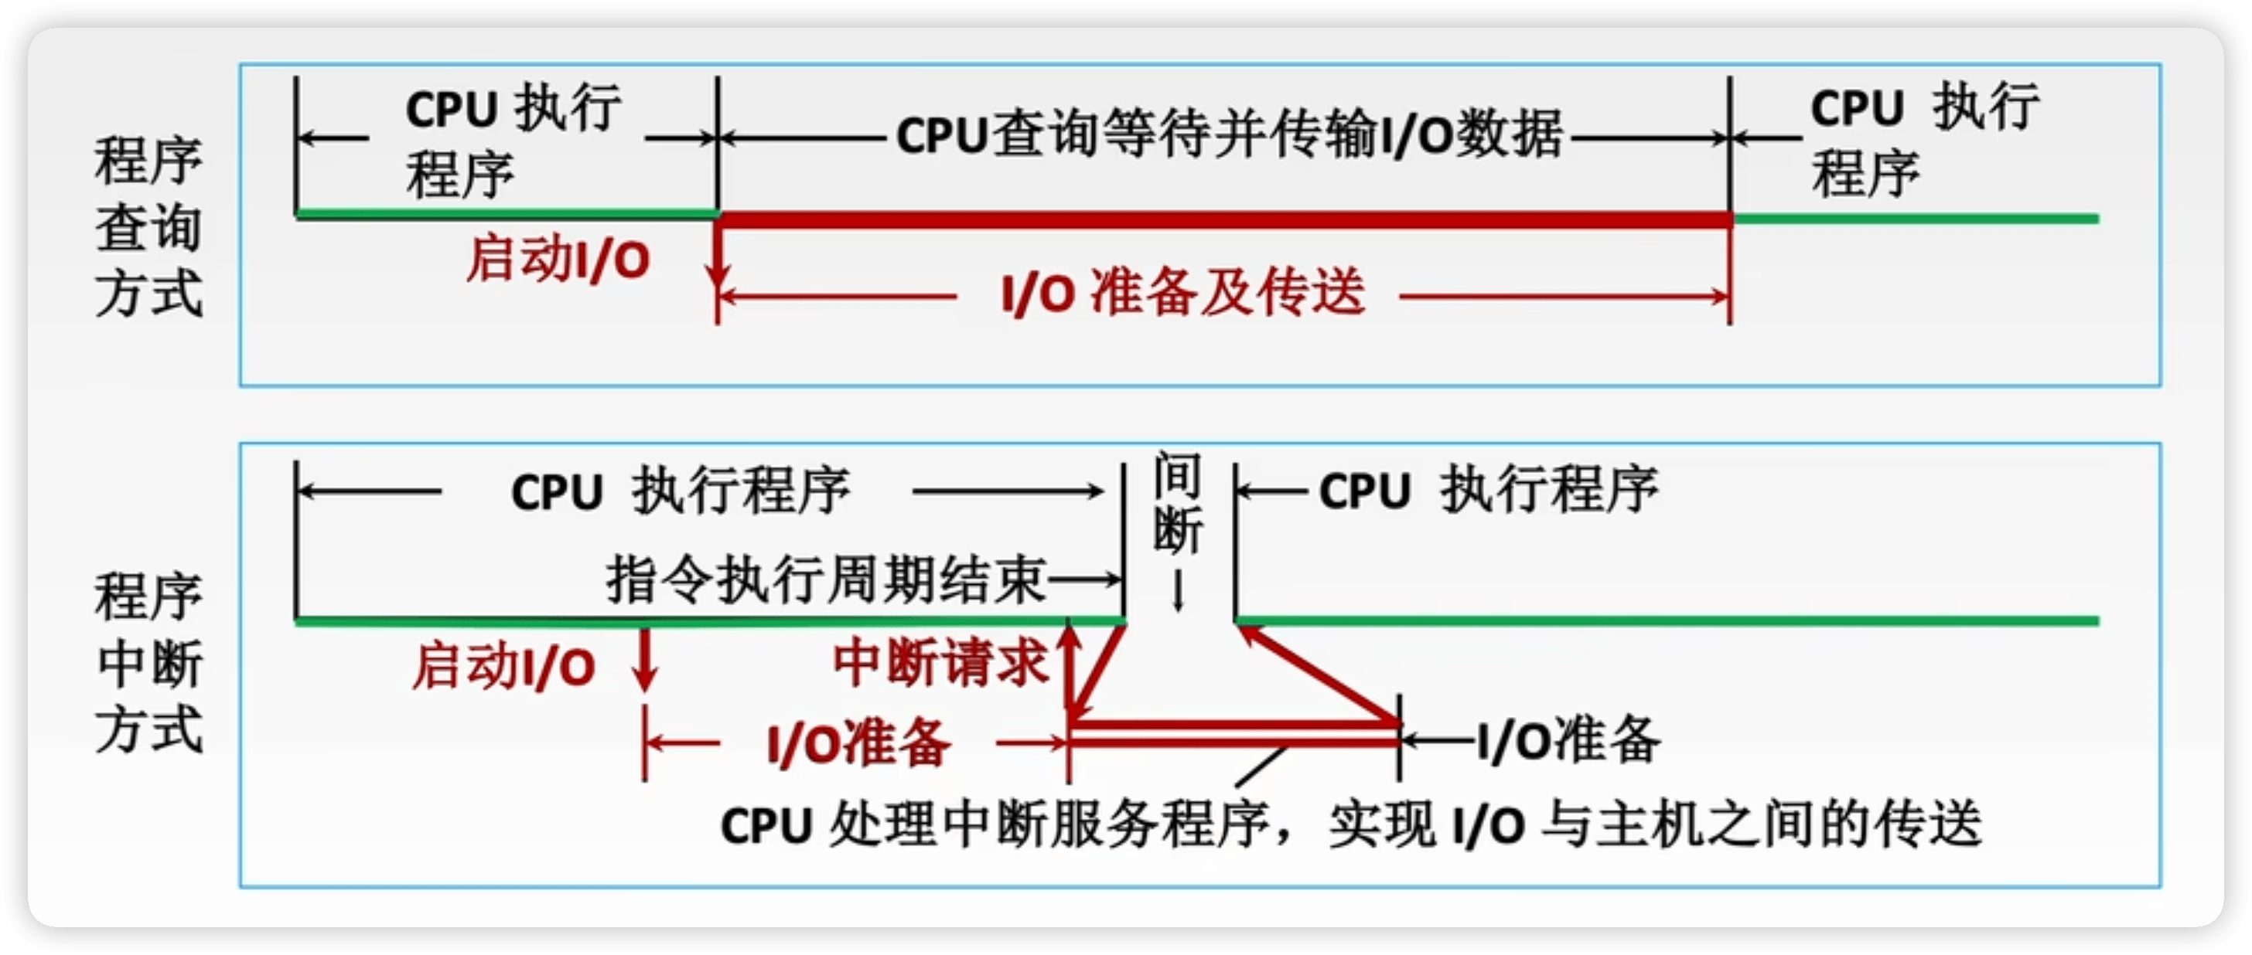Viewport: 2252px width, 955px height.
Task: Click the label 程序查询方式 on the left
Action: [148, 227]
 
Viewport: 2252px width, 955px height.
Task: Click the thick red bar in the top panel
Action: [1224, 219]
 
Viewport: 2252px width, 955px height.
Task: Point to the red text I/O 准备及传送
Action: [1182, 293]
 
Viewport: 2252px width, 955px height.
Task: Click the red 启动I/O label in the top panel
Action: [558, 260]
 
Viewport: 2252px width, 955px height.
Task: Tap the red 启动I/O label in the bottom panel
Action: [503, 666]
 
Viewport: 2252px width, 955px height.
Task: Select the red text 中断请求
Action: [940, 662]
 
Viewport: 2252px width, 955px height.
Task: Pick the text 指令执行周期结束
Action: [826, 579]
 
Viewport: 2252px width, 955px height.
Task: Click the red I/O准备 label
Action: [858, 743]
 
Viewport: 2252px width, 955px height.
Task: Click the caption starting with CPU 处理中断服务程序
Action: [1351, 823]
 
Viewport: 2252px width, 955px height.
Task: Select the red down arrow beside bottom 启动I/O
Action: [645, 660]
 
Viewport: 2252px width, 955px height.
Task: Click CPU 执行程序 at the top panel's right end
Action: [1923, 140]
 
